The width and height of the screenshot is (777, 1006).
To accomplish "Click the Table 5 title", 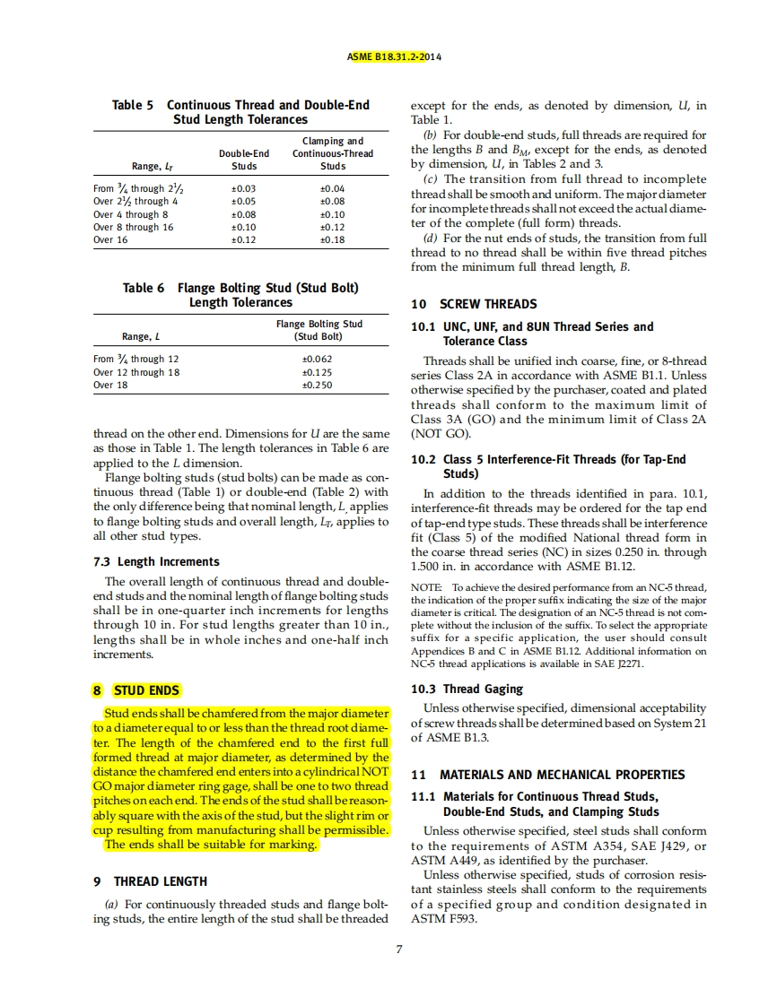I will pos(240,112).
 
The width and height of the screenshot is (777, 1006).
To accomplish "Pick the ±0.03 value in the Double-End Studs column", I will pos(244,189).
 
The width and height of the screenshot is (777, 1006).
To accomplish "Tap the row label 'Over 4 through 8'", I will pos(131,215).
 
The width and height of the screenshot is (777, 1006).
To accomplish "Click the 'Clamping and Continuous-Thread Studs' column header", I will pos(332,153).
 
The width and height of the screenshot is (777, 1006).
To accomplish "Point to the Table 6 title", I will pos(240,295).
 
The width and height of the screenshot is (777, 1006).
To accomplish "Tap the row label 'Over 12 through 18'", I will pos(136,372).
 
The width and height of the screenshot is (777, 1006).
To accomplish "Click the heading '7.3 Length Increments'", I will pos(156,561).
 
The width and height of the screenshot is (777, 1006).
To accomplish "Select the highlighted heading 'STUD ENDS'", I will pos(146,690).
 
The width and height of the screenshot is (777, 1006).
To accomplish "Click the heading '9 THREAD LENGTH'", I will pos(150,881).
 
